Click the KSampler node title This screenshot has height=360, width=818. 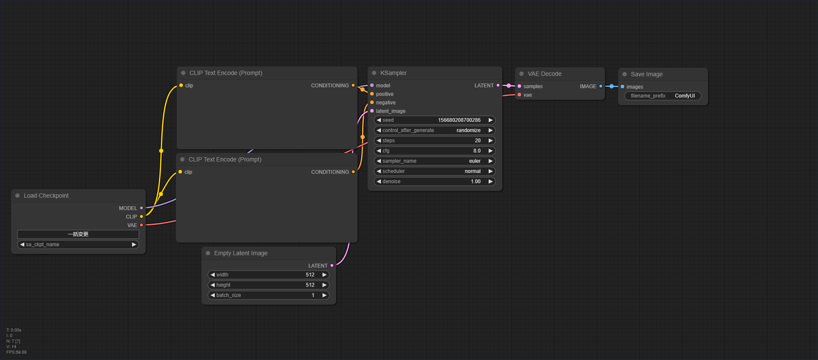[x=393, y=73]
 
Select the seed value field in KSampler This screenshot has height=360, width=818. [x=435, y=120]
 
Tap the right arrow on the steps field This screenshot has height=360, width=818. [x=490, y=141]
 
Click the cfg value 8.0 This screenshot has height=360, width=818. [x=477, y=151]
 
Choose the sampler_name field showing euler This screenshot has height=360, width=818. [x=435, y=161]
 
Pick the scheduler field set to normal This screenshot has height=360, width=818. [x=435, y=171]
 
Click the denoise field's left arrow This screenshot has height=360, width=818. [x=379, y=181]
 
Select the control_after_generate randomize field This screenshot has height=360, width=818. [x=435, y=130]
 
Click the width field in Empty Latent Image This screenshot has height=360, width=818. [x=268, y=275]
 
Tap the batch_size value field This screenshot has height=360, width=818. [x=268, y=295]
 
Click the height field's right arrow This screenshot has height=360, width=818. [x=324, y=285]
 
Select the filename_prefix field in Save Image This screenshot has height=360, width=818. [x=663, y=96]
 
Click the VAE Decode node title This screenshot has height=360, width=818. [x=544, y=74]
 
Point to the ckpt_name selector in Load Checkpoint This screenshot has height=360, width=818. [x=78, y=245]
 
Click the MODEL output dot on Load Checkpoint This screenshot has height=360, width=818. [x=141, y=208]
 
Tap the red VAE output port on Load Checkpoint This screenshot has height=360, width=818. [x=141, y=225]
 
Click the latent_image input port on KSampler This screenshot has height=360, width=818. [x=372, y=111]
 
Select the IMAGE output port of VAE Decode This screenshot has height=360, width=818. [x=601, y=86]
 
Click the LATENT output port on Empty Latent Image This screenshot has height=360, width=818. [x=332, y=266]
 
